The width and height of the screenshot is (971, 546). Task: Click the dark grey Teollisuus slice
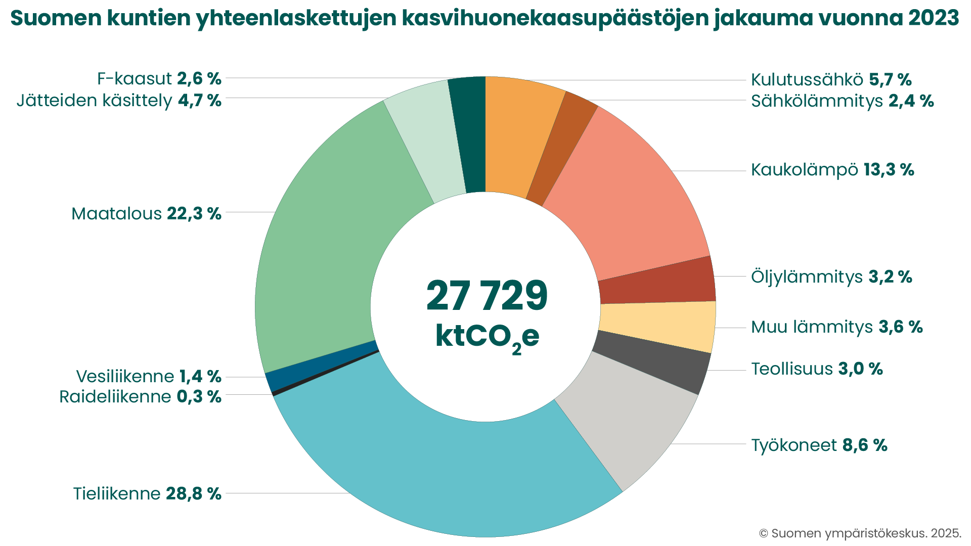coord(652,361)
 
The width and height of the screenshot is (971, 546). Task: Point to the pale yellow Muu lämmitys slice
coord(657,324)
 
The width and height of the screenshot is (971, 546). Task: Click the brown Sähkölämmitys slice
coord(561,149)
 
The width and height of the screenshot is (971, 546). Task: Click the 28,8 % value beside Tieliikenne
coord(194,493)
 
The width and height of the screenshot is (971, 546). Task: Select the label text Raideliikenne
coord(115,397)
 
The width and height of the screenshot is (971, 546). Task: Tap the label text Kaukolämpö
coord(804,170)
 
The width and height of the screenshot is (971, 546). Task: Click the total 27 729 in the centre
coord(487,296)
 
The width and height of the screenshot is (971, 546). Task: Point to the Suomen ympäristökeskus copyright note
coord(860,533)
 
